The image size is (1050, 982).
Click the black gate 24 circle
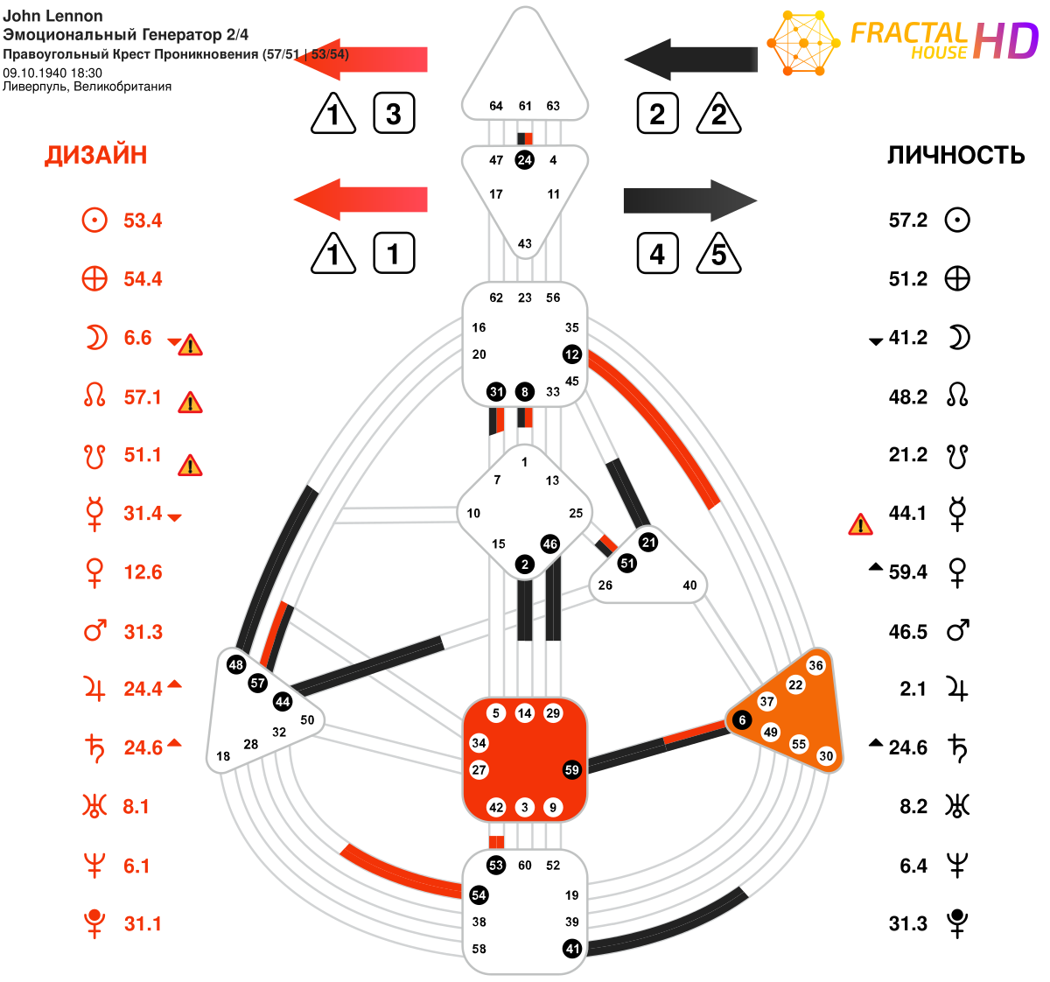click(x=524, y=160)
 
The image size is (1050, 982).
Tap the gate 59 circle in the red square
click(x=572, y=770)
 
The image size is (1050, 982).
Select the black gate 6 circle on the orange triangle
click(x=742, y=719)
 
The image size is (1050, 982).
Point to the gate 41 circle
click(x=572, y=949)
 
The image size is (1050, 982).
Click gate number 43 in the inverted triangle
click(x=524, y=244)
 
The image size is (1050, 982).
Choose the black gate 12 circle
click(x=572, y=354)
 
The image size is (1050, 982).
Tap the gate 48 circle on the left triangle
click(x=236, y=664)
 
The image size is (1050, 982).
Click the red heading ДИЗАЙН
click(x=95, y=155)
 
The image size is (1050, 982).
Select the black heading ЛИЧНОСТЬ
click(x=955, y=155)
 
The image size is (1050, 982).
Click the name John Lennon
click(x=52, y=16)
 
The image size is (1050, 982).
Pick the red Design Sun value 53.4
click(x=143, y=221)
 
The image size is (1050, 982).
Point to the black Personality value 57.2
click(x=907, y=220)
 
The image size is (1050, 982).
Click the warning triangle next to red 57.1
click(x=191, y=403)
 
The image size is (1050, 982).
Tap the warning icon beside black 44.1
click(x=860, y=525)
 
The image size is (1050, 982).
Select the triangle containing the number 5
click(x=718, y=253)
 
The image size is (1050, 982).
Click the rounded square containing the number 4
click(x=658, y=253)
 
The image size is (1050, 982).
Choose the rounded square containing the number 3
click(x=394, y=113)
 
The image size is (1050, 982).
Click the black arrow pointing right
click(x=690, y=200)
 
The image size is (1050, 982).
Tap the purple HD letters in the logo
click(x=1005, y=41)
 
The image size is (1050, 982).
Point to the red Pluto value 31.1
click(x=143, y=924)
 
